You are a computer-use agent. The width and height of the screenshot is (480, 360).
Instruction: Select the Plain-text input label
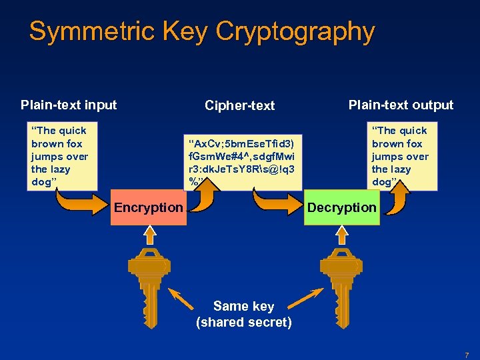[69, 105]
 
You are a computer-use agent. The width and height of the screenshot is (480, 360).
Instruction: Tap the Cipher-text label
[239, 105]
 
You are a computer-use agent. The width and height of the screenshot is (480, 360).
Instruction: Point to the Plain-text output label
[401, 105]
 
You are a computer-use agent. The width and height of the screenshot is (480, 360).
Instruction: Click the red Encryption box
[148, 207]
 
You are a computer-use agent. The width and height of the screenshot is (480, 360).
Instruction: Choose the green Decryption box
[341, 207]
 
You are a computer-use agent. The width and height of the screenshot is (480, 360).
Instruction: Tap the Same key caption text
[243, 306]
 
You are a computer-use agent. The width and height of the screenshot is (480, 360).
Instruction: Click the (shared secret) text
[243, 323]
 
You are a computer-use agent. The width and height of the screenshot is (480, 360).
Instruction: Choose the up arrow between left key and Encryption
[149, 235]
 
